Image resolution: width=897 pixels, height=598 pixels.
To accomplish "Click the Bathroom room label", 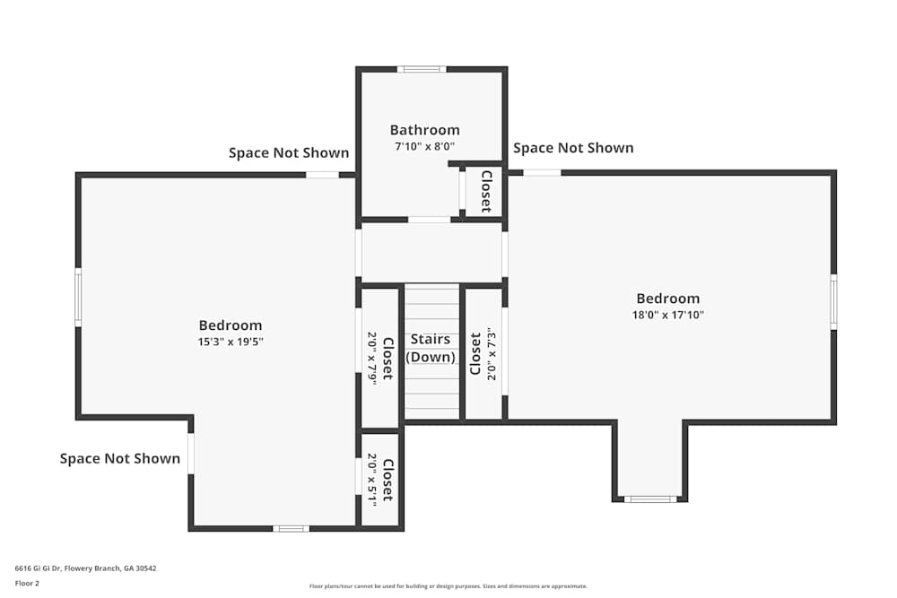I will click(424, 130).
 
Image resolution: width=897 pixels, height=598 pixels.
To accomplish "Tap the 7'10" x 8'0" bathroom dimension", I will click(424, 146).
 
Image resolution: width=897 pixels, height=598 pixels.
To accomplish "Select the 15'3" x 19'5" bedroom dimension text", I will click(231, 342).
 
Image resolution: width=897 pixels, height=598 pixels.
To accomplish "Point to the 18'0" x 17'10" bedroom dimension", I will click(668, 315).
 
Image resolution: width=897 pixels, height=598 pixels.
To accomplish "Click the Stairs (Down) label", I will click(431, 348).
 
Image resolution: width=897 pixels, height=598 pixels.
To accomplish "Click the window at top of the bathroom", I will click(422, 69).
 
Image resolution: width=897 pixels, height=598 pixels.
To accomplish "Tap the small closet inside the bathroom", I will click(484, 191).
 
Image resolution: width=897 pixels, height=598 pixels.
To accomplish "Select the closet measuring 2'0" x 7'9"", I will click(379, 357).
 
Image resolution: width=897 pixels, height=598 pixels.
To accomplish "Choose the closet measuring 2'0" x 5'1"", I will click(379, 480).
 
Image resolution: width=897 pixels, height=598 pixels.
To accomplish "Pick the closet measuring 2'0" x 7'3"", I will click(483, 353).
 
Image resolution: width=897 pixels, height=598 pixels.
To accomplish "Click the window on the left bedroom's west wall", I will click(78, 298).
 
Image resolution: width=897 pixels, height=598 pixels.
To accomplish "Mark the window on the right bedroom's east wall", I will click(833, 302).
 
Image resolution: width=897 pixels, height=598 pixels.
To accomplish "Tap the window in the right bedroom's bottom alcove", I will click(650, 498).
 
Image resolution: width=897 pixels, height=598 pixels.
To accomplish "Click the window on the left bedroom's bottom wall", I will click(291, 528).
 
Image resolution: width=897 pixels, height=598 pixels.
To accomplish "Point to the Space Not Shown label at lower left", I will click(120, 458).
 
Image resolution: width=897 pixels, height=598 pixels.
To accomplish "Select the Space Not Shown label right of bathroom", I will click(573, 148).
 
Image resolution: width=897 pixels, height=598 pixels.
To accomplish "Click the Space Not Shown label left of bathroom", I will click(289, 152).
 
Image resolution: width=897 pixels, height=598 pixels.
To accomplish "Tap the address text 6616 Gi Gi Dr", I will click(79, 568).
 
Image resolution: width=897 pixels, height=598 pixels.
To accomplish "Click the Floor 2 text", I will click(27, 583).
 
